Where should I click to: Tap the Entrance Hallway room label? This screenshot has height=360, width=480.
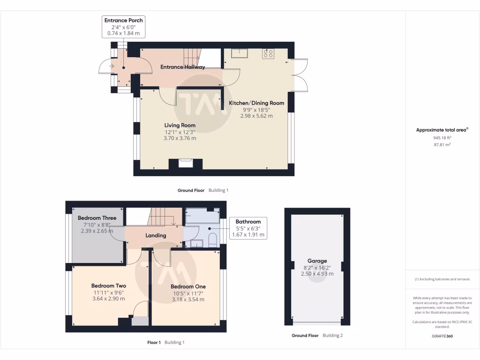(182, 67)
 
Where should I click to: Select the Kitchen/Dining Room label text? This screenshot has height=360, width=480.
(256, 103)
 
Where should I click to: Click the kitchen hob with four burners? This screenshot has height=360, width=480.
(269, 54)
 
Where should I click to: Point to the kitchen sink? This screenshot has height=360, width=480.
(243, 52)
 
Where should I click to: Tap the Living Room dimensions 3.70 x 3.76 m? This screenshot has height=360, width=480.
(180, 138)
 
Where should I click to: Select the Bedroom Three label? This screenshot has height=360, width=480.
(97, 218)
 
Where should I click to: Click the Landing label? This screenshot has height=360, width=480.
(155, 235)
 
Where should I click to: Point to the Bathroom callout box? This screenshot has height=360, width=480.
(248, 228)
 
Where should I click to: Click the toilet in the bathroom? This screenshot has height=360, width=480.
(212, 240)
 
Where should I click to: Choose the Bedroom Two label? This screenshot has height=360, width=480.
(108, 285)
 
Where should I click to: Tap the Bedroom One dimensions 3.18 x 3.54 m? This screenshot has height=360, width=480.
(188, 300)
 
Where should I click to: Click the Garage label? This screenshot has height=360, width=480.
(317, 261)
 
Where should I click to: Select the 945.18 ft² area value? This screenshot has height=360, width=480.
(442, 138)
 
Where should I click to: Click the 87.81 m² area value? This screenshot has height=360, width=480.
(442, 145)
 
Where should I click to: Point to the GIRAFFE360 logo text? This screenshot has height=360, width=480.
(442, 336)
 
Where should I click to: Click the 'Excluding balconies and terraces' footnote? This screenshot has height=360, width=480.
(442, 279)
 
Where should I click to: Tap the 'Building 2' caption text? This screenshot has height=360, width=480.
(332, 336)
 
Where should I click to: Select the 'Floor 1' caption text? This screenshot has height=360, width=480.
(154, 343)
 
